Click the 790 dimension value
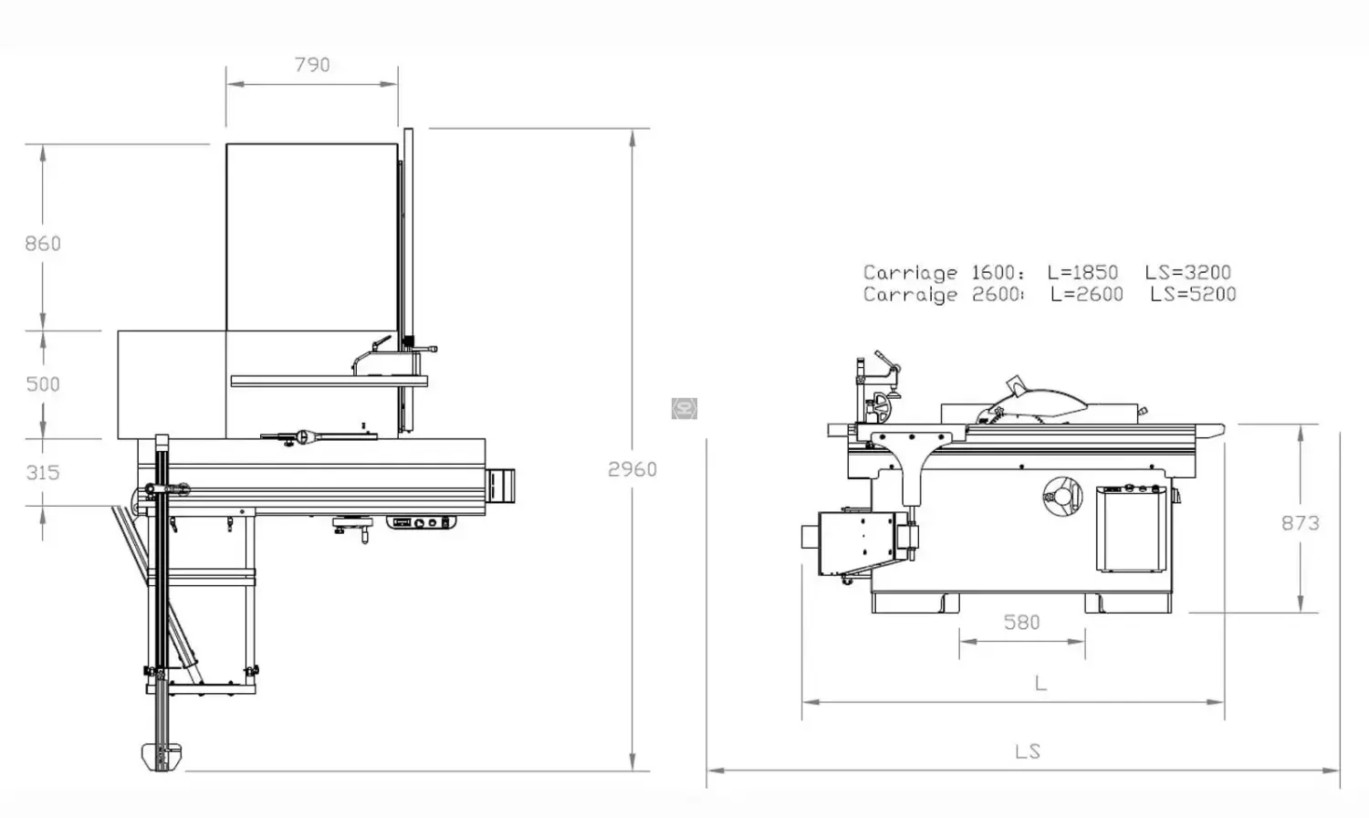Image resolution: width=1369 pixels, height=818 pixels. [312, 65]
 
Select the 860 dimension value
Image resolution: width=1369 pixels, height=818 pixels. [43, 244]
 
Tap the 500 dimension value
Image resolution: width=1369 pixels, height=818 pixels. [43, 384]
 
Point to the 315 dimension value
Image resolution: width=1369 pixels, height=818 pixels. [43, 473]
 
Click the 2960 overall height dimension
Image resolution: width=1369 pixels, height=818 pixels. [632, 469]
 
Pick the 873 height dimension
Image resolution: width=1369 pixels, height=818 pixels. [1300, 523]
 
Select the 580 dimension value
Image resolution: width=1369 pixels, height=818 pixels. [1021, 623]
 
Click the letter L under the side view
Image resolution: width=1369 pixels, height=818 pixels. [1040, 683]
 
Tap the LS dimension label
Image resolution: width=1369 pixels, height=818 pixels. [1027, 751]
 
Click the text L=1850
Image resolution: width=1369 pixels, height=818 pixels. [1082, 272]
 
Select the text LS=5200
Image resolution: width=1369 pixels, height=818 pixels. [1193, 294]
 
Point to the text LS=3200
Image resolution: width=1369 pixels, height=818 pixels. [1187, 272]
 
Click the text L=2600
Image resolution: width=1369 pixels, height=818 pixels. [1086, 294]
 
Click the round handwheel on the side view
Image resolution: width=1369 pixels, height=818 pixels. [1061, 496]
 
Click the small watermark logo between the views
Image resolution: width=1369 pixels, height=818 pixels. [684, 408]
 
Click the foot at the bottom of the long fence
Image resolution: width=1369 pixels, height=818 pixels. [162, 757]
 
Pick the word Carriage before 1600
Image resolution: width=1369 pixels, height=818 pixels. [910, 272]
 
